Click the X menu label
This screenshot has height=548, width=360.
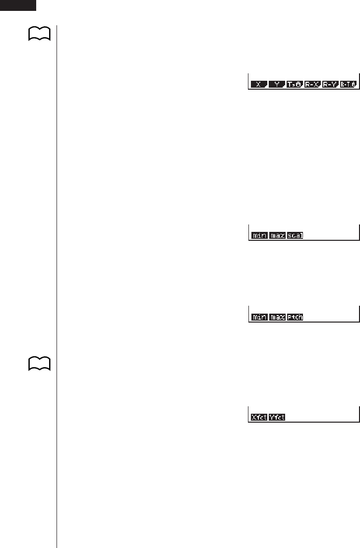pyautogui.click(x=259, y=85)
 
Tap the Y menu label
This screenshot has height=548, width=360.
pyautogui.click(x=277, y=85)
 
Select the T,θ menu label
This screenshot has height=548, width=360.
pyautogui.click(x=295, y=85)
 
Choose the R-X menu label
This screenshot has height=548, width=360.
pyautogui.click(x=312, y=85)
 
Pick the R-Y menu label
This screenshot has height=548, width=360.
pyautogui.click(x=330, y=85)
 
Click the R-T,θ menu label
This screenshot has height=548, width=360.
pyautogui.click(x=348, y=85)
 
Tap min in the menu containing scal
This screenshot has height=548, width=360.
pyautogui.click(x=259, y=236)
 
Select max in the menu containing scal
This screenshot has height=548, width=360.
pyautogui.click(x=277, y=236)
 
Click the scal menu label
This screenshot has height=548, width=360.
pyautogui.click(x=295, y=236)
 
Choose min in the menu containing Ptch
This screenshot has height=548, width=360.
pyautogui.click(x=259, y=317)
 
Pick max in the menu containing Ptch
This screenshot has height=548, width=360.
pyautogui.click(x=277, y=317)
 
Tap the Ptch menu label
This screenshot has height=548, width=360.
pyautogui.click(x=295, y=317)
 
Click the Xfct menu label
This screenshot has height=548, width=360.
pyautogui.click(x=259, y=418)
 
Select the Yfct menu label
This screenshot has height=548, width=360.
pyautogui.click(x=277, y=418)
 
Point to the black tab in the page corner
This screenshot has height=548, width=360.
pyautogui.click(x=18, y=5)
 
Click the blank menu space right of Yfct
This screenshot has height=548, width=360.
pyautogui.click(x=322, y=418)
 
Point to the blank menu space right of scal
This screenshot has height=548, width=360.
pyautogui.click(x=330, y=236)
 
